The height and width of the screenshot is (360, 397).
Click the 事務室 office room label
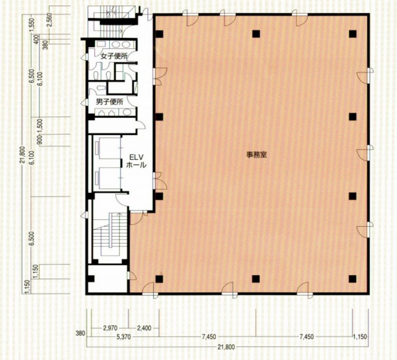tap(256, 154)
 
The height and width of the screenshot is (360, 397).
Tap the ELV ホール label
tap(136, 161)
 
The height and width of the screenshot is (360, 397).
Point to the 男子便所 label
tap(110, 102)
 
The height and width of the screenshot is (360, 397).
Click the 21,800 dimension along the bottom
tap(226, 347)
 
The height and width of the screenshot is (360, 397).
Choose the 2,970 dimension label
tap(110, 328)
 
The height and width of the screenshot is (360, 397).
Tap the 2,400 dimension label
tap(144, 328)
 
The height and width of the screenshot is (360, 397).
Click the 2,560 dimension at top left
tap(50, 21)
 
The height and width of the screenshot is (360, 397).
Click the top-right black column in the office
tap(353, 34)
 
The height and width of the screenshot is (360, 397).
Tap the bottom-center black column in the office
tap(255, 279)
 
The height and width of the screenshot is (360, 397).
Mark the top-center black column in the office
tap(256, 34)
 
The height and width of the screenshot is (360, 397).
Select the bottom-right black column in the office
tap(353, 279)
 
